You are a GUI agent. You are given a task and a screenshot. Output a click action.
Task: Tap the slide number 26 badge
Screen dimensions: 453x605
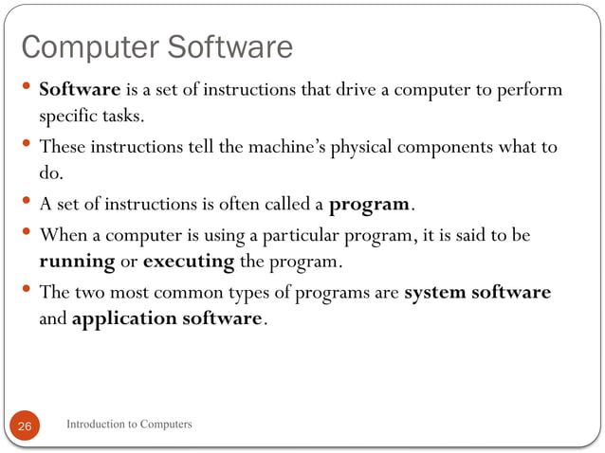click(x=25, y=427)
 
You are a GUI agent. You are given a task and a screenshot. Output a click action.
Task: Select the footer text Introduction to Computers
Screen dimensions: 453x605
click(x=129, y=425)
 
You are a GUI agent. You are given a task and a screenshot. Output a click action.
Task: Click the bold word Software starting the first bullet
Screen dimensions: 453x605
click(x=80, y=90)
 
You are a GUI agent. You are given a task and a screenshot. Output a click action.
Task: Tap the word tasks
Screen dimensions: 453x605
click(x=123, y=116)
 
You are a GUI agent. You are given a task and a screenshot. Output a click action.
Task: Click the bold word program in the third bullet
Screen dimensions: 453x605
click(x=369, y=205)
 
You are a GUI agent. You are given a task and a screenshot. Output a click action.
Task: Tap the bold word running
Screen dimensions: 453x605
click(x=76, y=261)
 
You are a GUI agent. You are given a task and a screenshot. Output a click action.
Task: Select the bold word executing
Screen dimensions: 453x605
click(x=186, y=261)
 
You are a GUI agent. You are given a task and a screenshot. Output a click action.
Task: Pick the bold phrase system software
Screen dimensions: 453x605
click(x=477, y=293)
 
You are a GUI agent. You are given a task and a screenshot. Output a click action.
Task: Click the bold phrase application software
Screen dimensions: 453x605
click(x=166, y=318)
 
